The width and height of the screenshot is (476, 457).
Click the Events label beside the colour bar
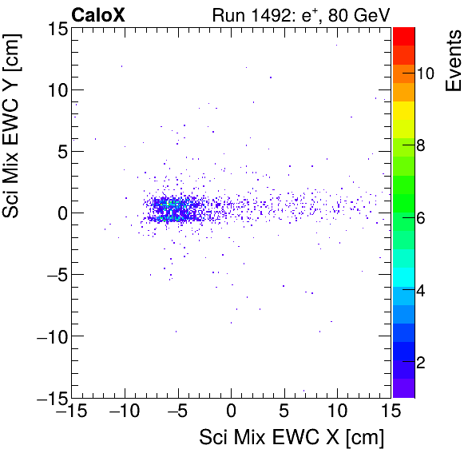click(454, 60)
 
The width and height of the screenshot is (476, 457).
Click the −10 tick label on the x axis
click(124, 412)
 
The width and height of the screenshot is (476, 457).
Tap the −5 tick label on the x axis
click(177, 412)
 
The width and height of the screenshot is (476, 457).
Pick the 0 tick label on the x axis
click(232, 412)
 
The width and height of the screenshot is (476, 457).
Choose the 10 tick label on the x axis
click(338, 412)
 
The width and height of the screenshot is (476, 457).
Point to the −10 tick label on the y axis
click(50, 336)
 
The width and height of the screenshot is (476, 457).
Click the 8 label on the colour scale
click(422, 146)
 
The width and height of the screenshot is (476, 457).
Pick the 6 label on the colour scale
click(422, 218)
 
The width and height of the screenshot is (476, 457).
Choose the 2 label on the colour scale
click(422, 363)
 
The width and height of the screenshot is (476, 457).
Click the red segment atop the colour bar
click(404, 35)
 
